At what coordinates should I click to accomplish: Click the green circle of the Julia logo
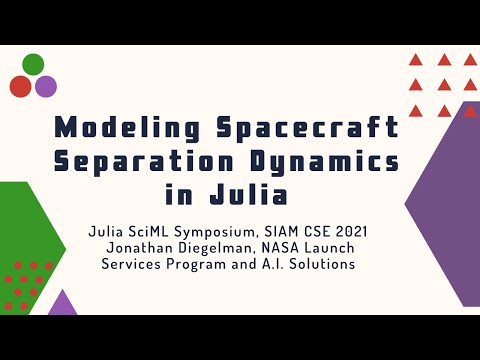[x=33, y=65]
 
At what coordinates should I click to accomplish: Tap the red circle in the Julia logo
[x=20, y=86]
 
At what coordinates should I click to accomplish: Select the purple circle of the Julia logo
[x=46, y=86]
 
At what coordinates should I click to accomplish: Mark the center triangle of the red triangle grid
[x=443, y=85]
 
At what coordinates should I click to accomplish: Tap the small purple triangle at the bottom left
[x=63, y=304]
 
